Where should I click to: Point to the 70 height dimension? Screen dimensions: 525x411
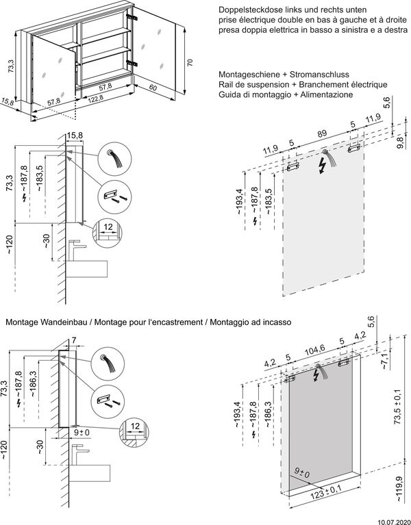click(x=190, y=62)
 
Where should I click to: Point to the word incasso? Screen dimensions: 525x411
click(x=276, y=321)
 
